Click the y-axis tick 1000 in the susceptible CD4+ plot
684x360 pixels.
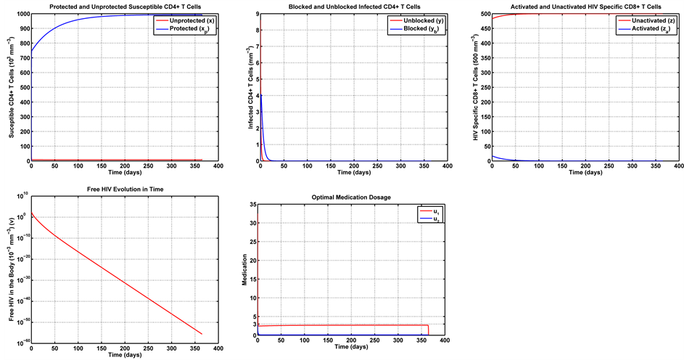click(x=21, y=15)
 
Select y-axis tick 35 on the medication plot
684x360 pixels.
click(x=252, y=205)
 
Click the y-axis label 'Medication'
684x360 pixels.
click(x=244, y=269)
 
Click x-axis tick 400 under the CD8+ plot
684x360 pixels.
click(x=675, y=166)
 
